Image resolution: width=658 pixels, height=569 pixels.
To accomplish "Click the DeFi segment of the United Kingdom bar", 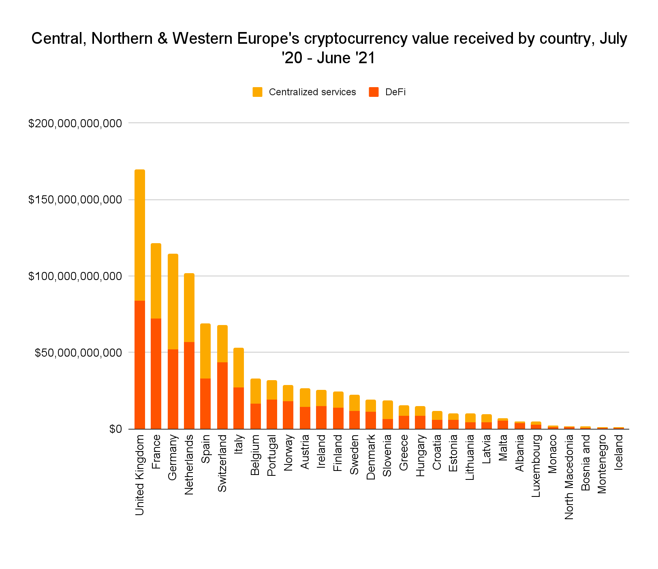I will (x=140, y=365).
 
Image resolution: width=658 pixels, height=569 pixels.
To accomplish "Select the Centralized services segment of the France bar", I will (x=156, y=281).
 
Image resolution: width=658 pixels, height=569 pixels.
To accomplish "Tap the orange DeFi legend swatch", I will (x=374, y=92).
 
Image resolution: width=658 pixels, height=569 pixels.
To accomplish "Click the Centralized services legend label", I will (x=312, y=92).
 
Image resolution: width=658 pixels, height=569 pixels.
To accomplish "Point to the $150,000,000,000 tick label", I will (x=75, y=200).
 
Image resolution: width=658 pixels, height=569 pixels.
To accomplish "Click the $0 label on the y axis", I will (x=115, y=429).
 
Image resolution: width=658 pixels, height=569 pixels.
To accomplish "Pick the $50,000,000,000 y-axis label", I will (x=78, y=353).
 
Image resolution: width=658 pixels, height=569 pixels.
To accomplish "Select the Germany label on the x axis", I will (x=173, y=458).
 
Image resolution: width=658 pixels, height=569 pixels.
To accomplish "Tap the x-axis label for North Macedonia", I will (x=569, y=477).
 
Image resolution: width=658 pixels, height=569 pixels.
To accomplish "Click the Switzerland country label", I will (x=222, y=463).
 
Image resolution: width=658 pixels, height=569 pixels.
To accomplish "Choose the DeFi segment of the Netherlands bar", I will (x=189, y=385).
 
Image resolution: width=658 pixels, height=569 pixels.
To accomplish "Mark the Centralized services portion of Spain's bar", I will (x=205, y=351).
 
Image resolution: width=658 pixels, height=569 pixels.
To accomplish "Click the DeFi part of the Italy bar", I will (x=239, y=408).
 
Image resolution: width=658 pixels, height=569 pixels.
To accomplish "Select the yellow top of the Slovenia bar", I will (x=388, y=410).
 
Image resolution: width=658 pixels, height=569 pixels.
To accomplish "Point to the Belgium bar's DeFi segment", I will (x=256, y=416).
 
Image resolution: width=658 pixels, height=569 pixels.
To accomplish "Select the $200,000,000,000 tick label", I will (x=75, y=123).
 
